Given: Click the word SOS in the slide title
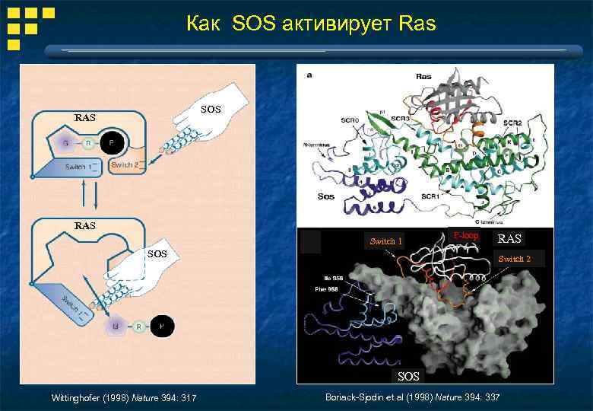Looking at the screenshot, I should [257, 24].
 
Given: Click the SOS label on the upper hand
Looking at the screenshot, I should [211, 110].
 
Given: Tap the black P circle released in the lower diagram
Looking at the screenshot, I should [161, 327].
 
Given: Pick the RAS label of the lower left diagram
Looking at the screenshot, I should [85, 225].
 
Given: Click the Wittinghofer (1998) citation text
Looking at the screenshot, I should [122, 398].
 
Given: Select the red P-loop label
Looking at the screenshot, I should [465, 236].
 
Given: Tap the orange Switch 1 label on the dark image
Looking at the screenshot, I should [385, 241].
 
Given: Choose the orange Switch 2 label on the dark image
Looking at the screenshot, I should [514, 259].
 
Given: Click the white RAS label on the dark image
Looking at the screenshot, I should [509, 239].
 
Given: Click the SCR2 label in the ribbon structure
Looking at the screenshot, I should [512, 122].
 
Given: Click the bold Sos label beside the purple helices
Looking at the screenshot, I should [325, 196].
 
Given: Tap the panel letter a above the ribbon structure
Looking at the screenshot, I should [309, 75].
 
